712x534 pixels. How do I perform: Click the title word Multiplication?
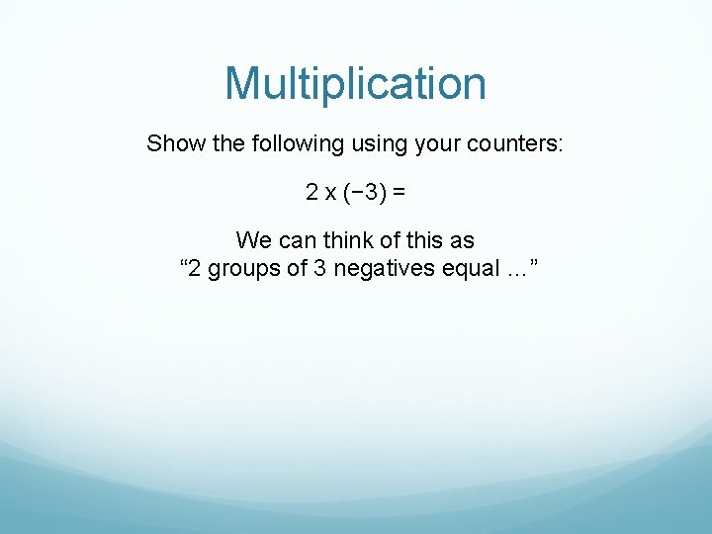pyautogui.click(x=355, y=84)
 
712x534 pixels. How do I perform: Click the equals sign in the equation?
pyautogui.click(x=399, y=192)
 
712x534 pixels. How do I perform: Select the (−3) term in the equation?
pyautogui.click(x=365, y=192)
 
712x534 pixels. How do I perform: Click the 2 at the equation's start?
pyautogui.click(x=311, y=192)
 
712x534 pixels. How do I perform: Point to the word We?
pyautogui.click(x=252, y=240)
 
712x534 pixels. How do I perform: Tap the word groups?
pyautogui.click(x=245, y=268)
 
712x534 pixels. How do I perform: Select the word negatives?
pyautogui.click(x=379, y=268)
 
